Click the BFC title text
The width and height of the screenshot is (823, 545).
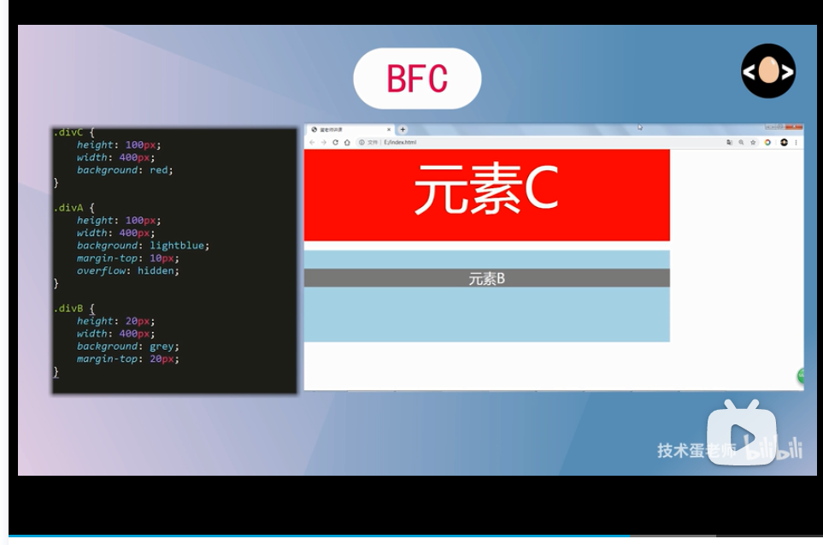point(417,79)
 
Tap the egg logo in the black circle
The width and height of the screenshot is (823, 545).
point(768,71)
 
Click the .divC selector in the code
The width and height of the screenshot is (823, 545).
point(68,133)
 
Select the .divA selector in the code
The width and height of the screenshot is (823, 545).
point(68,208)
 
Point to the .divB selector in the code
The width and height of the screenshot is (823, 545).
point(68,309)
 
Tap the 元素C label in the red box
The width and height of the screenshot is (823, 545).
point(485,189)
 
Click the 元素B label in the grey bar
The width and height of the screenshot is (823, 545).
point(486,279)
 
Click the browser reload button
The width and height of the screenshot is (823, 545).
point(336,143)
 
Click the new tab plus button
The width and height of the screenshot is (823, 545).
point(403,130)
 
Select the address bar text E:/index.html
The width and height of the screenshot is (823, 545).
point(400,143)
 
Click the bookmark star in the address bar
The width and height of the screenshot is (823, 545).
point(753,143)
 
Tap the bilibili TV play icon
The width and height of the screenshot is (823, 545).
point(741,433)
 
